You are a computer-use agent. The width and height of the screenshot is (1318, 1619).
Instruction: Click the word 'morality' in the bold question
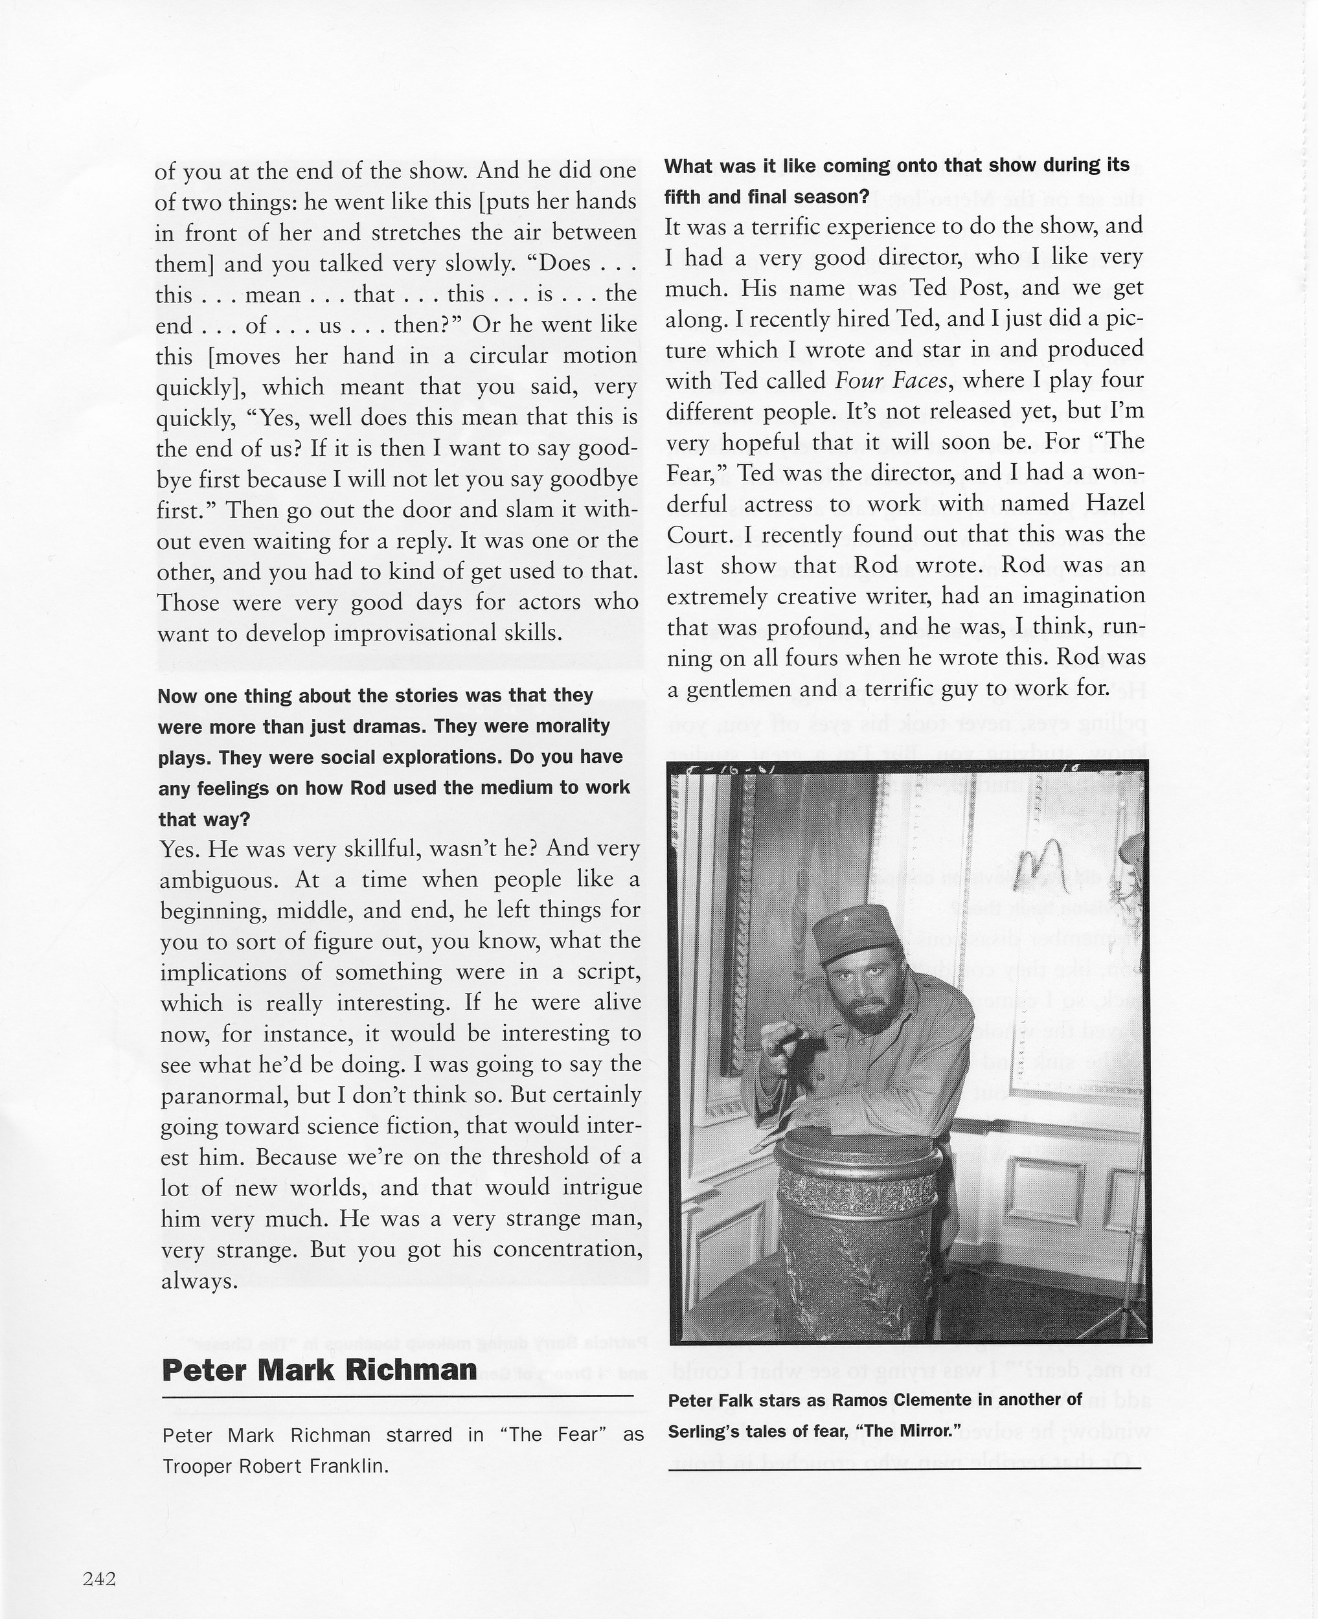(574, 727)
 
